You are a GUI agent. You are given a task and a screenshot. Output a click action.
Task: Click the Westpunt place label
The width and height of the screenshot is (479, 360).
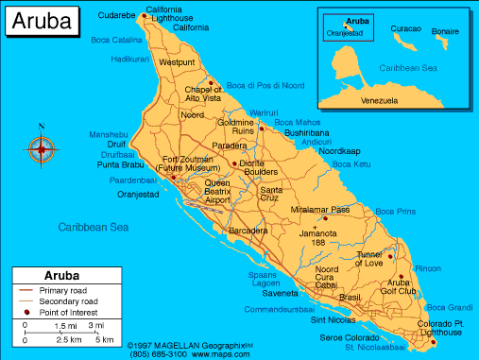coord(177,61)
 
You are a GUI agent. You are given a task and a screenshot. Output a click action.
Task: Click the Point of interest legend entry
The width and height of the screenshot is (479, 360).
coord(70,311)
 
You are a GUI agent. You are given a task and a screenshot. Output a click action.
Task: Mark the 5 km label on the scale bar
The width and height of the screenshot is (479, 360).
coord(105,339)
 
